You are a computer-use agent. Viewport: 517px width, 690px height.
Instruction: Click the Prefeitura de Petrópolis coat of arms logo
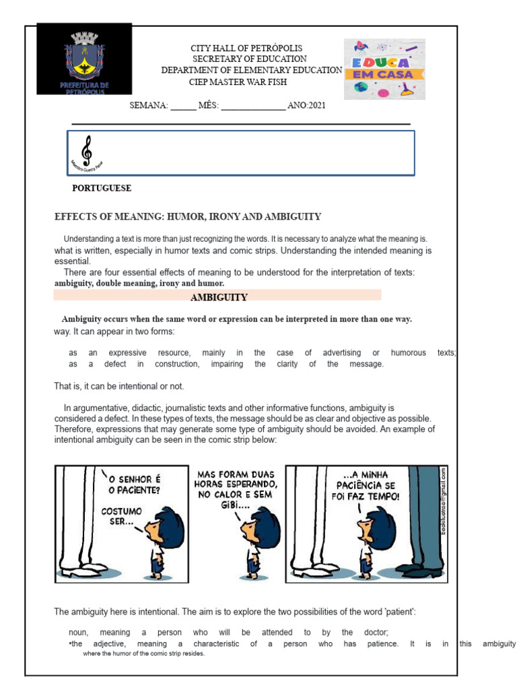pyautogui.click(x=84, y=58)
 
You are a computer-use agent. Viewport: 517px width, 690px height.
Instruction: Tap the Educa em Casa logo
pyautogui.click(x=384, y=69)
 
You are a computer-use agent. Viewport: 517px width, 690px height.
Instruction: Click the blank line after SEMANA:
pyautogui.click(x=183, y=106)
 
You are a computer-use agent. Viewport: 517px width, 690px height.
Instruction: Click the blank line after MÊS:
pyautogui.click(x=253, y=106)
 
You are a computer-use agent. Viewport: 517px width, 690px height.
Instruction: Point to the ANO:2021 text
pyautogui.click(x=306, y=106)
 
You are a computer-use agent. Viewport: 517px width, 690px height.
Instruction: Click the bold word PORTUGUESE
pyautogui.click(x=102, y=188)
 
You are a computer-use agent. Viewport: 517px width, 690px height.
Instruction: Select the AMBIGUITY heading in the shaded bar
pyautogui.click(x=219, y=297)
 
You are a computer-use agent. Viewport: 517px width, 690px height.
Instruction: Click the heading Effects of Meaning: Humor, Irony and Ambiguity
pyautogui.click(x=188, y=216)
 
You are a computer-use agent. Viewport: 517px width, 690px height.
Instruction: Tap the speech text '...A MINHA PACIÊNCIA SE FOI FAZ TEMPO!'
pyautogui.click(x=367, y=485)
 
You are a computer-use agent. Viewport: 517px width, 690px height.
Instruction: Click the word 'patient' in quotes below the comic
pyautogui.click(x=400, y=611)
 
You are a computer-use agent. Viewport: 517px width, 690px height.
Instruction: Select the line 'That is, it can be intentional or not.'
pyautogui.click(x=118, y=386)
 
